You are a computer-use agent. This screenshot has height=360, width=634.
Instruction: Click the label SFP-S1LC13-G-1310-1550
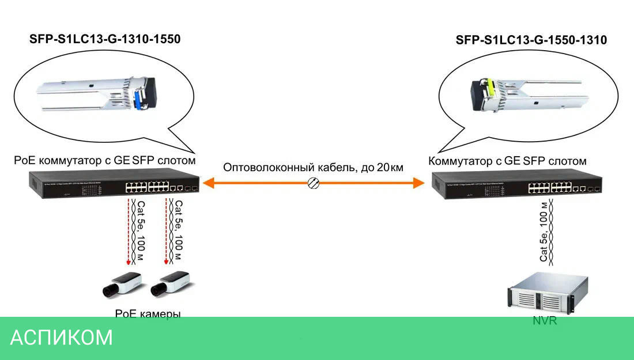pos(105,40)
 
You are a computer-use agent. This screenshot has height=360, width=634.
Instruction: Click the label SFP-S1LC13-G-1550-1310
pos(531,40)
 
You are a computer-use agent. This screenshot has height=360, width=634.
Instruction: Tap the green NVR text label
pos(544,321)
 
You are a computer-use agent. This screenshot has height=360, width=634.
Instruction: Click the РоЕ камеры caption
pos(148,314)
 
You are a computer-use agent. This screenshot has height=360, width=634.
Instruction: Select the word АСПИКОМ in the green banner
pos(62,338)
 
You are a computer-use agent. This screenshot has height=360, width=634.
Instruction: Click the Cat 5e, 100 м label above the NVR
pos(543,232)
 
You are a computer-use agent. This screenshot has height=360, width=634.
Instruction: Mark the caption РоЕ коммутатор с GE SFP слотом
pos(105,160)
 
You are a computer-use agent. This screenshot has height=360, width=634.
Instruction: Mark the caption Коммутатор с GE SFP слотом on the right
pos(507,161)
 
